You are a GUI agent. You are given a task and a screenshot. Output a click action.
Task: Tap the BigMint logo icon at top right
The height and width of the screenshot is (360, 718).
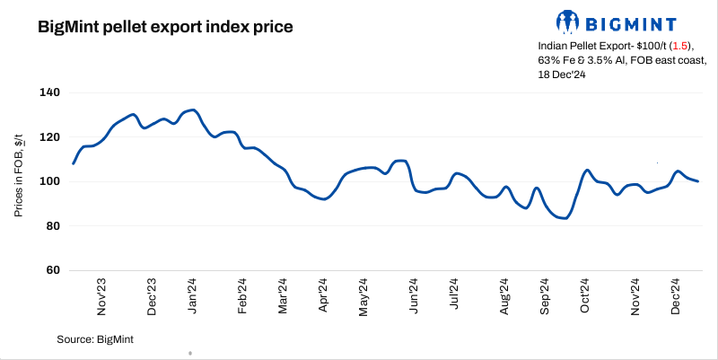click(x=567, y=21)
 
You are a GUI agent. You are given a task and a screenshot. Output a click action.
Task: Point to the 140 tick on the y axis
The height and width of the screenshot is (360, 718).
click(x=49, y=92)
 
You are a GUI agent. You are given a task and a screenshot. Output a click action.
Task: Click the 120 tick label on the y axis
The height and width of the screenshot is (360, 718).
click(x=49, y=137)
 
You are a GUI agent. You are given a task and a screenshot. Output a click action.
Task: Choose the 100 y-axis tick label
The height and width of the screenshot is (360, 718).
click(x=49, y=181)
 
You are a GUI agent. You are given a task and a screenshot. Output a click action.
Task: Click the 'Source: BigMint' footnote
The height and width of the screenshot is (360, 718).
click(x=95, y=338)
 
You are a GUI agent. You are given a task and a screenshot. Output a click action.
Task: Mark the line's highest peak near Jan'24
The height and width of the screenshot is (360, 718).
click(x=193, y=110)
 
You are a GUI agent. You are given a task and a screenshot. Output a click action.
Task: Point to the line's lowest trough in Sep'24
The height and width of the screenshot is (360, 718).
click(x=564, y=218)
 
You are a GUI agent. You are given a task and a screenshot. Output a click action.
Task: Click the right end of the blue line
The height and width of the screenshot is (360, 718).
click(x=698, y=181)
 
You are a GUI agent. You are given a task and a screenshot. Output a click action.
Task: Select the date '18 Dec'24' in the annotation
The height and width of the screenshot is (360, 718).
click(x=563, y=75)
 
